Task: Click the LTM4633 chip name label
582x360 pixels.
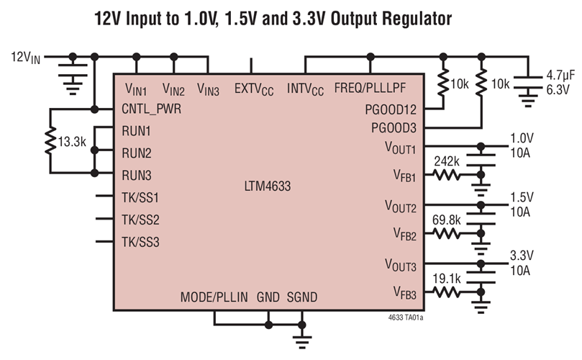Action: pyautogui.click(x=267, y=186)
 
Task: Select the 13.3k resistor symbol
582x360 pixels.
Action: pyautogui.click(x=50, y=142)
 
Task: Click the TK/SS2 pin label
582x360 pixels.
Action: pyautogui.click(x=141, y=219)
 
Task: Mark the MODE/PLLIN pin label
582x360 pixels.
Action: pyautogui.click(x=213, y=297)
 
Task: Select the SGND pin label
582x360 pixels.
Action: pyautogui.click(x=302, y=297)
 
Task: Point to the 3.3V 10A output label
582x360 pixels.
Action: pyautogui.click(x=522, y=263)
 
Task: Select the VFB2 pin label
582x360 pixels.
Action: pyautogui.click(x=406, y=234)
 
